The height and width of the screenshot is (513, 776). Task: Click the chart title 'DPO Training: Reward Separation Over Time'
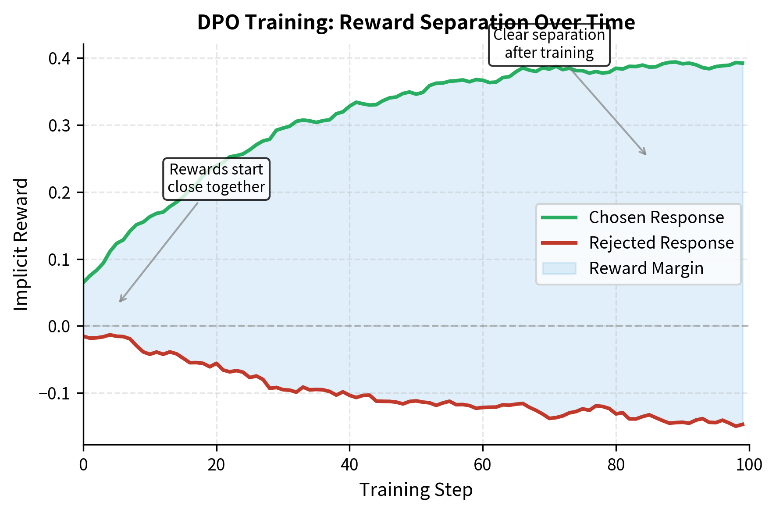(416, 22)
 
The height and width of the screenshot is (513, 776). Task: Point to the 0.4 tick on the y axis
(62, 58)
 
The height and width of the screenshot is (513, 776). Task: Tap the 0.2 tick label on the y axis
(62, 192)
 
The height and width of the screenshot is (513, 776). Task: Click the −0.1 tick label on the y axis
(57, 393)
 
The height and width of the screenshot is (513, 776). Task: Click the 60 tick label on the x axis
(483, 465)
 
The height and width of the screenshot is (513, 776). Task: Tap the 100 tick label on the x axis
(749, 465)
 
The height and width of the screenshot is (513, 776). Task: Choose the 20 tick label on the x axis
(217, 465)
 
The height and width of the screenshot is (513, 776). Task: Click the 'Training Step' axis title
(416, 490)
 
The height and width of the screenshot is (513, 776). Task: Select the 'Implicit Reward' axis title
(21, 244)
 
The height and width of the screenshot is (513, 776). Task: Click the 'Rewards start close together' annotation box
(216, 178)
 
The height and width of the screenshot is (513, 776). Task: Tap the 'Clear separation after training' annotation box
(549, 44)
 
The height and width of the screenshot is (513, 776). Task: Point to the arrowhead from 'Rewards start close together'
(121, 301)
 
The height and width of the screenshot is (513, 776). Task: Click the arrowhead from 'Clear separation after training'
(645, 154)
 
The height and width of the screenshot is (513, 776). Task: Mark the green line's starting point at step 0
(84, 283)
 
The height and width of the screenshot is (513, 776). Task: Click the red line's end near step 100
(743, 424)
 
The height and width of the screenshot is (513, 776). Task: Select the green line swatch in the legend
(559, 217)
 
